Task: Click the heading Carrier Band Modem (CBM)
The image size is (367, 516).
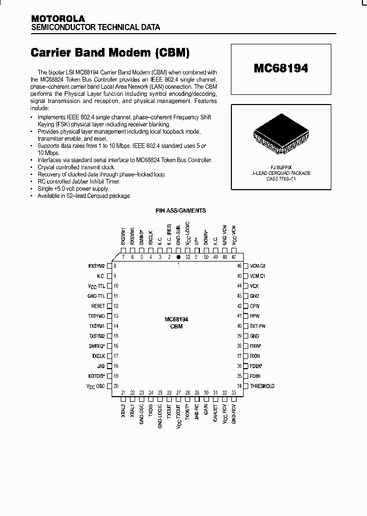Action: point(111,53)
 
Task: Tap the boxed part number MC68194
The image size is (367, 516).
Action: point(281,68)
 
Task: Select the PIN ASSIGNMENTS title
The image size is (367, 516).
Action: point(180,210)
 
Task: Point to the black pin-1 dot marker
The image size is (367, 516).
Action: point(178,257)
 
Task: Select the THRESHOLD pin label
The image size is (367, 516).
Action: point(262,386)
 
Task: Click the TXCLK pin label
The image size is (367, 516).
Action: point(98,356)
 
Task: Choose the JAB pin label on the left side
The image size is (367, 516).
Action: point(101,366)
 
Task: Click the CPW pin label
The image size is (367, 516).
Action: point(254,306)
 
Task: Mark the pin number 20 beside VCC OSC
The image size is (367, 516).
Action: point(116,386)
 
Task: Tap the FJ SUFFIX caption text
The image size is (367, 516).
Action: point(280,167)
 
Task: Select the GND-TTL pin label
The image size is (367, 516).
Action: point(96,296)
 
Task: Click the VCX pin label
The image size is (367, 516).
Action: point(254,286)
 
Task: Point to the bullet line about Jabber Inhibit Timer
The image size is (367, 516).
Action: point(76,181)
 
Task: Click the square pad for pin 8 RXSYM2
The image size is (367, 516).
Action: point(109,266)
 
